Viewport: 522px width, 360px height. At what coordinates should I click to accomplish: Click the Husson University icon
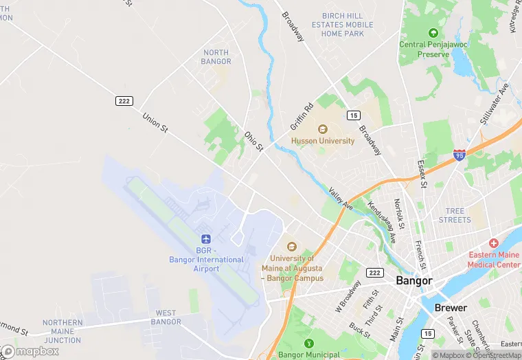pyautogui.click(x=323, y=128)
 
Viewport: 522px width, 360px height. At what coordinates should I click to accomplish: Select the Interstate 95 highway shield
pyautogui.click(x=459, y=156)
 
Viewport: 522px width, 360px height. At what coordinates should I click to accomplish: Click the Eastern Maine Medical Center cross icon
pyautogui.click(x=493, y=244)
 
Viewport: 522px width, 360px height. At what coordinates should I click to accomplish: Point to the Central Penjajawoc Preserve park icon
pyautogui.click(x=433, y=33)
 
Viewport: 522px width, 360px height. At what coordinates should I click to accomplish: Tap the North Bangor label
pyautogui.click(x=216, y=57)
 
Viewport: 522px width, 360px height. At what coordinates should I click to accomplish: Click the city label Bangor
pyautogui.click(x=414, y=281)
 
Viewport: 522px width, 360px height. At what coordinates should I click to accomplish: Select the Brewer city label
pyautogui.click(x=451, y=308)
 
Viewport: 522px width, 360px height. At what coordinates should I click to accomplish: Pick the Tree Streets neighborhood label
pyautogui.click(x=455, y=215)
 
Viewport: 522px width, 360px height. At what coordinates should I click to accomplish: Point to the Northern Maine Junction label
pyautogui.click(x=63, y=331)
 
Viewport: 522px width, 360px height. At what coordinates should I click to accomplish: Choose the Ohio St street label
pyautogui.click(x=254, y=142)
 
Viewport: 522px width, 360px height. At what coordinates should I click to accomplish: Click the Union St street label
pyautogui.click(x=155, y=121)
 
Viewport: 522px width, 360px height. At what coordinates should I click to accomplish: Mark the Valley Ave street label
pyautogui.click(x=341, y=199)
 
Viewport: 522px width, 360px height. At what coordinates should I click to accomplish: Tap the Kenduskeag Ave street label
pyautogui.click(x=383, y=222)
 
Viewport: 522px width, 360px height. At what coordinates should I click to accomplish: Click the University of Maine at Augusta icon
pyautogui.click(x=291, y=247)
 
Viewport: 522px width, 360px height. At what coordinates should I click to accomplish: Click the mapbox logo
pyautogui.click(x=30, y=351)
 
